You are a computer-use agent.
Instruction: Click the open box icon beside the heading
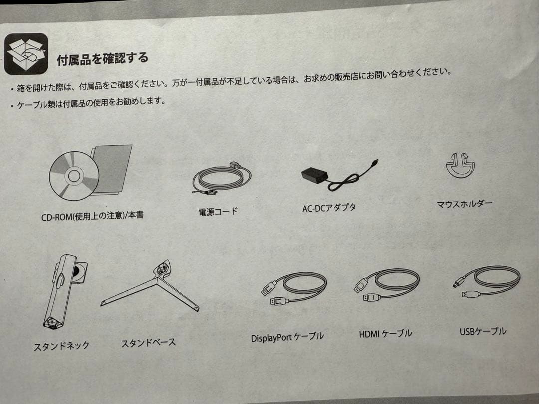[x=26, y=53]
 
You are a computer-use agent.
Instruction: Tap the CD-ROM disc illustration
[x=74, y=176]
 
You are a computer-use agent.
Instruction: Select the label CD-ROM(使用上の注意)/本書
[x=92, y=216]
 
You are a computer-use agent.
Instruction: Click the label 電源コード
[x=218, y=211]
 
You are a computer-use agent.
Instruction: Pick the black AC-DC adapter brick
[x=314, y=175]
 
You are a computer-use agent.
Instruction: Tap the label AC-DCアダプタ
[x=329, y=208]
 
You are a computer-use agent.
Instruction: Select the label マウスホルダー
[x=465, y=204]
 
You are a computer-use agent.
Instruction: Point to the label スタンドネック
[x=61, y=346]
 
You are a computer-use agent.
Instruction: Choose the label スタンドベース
[x=149, y=343]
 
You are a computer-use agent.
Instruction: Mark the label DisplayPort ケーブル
[x=287, y=337]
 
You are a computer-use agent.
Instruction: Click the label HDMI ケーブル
[x=385, y=333]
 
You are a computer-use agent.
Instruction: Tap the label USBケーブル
[x=483, y=332]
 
